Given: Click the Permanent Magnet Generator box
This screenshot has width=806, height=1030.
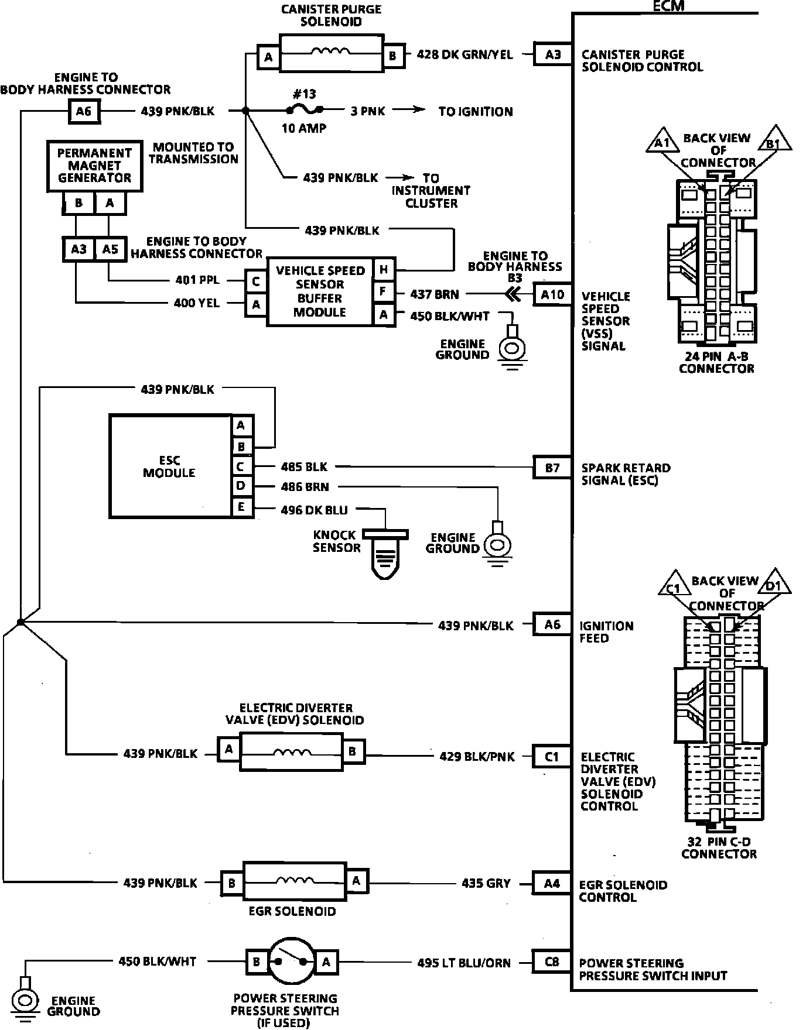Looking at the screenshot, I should point(94,166).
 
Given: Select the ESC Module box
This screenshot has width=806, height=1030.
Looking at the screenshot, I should point(169,466).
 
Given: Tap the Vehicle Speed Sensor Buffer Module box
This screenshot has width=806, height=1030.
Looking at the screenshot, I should point(320,291).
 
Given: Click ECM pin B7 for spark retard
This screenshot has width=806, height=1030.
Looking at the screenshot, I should point(552,468).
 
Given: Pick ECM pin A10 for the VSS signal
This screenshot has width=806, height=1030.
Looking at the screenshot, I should point(552,294).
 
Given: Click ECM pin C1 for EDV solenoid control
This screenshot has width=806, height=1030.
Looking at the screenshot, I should point(551,757).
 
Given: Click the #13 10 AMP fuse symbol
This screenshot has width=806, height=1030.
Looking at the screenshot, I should point(303,109).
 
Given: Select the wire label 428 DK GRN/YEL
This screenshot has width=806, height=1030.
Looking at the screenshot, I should point(465,55).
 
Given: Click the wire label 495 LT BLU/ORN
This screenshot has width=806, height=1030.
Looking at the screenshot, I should point(464,962).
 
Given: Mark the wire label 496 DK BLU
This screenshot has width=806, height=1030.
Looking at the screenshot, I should point(314,510).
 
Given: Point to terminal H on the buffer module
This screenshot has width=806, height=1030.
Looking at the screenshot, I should point(384,270).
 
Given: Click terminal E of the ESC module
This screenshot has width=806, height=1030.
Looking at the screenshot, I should point(241,507).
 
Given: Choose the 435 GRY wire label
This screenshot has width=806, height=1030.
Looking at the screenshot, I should point(486,883).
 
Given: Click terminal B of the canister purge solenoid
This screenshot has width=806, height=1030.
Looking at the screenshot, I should point(392,56).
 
